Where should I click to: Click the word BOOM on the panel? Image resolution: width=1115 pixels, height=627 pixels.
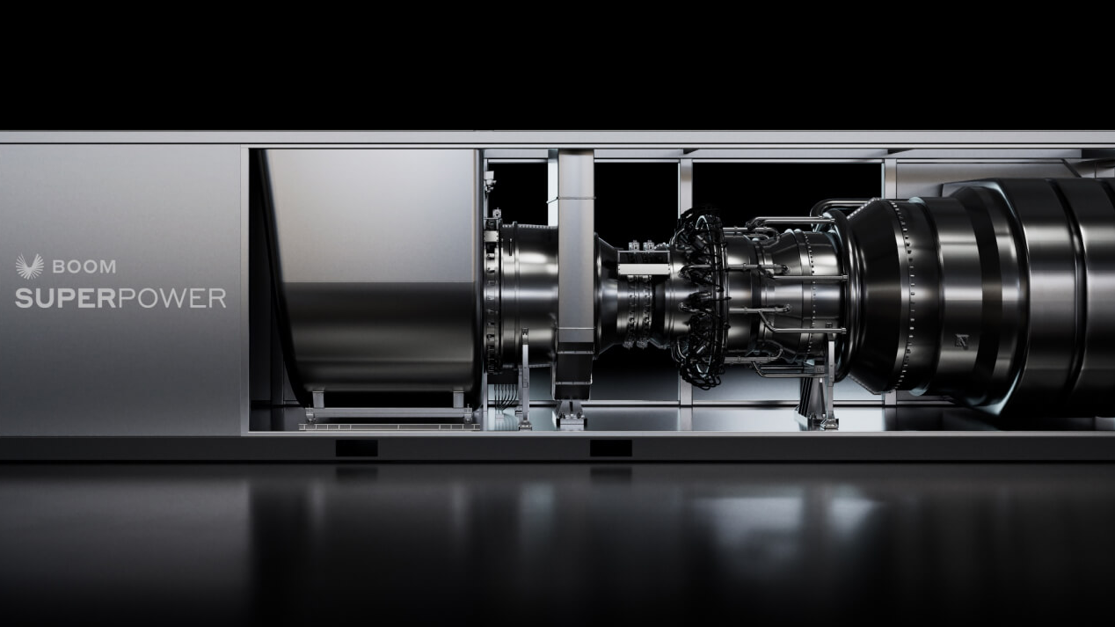tap(84, 266)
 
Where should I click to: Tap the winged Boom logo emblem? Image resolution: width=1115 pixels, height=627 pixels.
tap(29, 266)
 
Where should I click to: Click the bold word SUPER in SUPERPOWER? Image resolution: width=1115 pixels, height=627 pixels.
tap(66, 298)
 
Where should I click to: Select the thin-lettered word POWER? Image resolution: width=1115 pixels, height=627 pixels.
tap(171, 298)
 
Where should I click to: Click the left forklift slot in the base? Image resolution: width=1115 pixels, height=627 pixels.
tap(356, 448)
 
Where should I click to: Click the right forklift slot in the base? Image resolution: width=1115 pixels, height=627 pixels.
tap(610, 448)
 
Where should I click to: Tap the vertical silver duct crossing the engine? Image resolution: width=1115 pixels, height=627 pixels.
tap(576, 264)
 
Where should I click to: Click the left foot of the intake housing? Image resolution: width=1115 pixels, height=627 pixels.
tap(317, 401)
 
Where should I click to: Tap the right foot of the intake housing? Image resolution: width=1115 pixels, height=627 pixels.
tap(458, 401)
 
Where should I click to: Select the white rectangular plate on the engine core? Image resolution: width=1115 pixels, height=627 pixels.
tap(644, 269)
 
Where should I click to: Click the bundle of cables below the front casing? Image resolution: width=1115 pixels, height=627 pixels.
tap(503, 396)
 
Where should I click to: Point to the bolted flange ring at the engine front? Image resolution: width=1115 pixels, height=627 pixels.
tap(498, 290)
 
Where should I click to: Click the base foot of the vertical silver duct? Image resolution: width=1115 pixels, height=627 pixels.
tap(570, 413)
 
